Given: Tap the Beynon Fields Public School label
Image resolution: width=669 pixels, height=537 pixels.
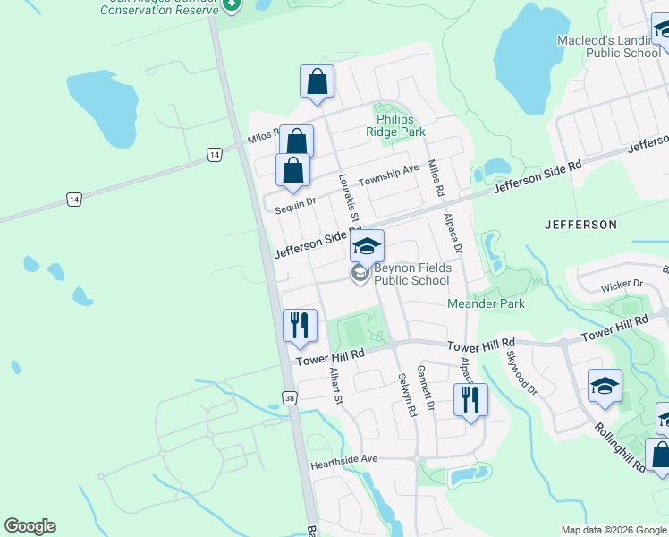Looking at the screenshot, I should [x=411, y=274].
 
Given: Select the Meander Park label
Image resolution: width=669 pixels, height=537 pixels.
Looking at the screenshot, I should [x=486, y=304].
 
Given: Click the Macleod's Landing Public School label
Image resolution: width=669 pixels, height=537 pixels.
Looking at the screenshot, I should [x=608, y=47].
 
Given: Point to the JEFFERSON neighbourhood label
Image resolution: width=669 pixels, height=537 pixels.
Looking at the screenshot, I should [x=580, y=225].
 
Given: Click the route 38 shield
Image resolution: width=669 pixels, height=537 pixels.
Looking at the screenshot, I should [x=289, y=397].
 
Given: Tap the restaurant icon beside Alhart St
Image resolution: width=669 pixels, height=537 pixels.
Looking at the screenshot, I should [x=299, y=324].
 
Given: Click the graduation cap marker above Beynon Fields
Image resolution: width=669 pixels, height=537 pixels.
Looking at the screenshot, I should [x=367, y=245].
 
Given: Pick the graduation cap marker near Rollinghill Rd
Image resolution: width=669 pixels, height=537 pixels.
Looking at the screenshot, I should [x=605, y=386].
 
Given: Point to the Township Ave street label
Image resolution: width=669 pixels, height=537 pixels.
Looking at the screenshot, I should [x=389, y=175].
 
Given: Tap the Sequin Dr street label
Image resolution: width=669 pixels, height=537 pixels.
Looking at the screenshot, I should [x=295, y=203].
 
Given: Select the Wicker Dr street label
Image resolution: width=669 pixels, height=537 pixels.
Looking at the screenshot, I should [x=622, y=284].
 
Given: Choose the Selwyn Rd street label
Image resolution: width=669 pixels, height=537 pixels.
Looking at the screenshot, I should [x=409, y=396].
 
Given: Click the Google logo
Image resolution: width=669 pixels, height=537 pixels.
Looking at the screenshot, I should [x=30, y=526].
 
